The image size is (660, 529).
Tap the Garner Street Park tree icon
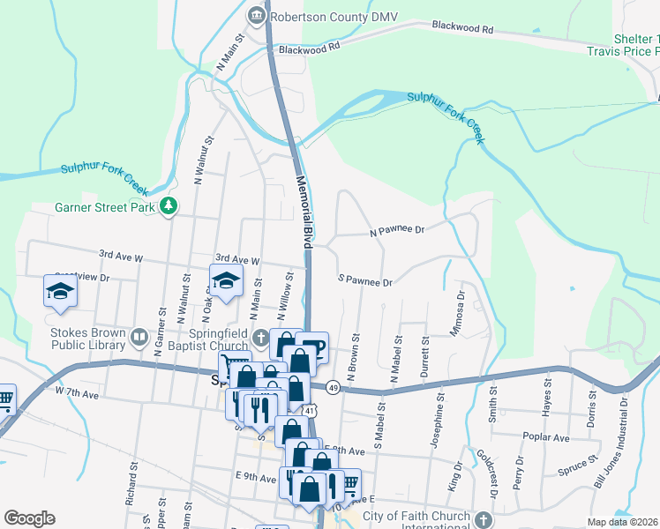168,207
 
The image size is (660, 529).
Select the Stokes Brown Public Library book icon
138,337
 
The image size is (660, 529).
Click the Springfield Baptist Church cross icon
260,337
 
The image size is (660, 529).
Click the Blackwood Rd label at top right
461,27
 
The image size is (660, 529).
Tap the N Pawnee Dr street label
397,230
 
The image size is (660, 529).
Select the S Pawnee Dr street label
365,281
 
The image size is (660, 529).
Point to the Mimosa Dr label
461,309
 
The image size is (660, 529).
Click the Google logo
29,518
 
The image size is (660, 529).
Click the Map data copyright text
623,522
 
